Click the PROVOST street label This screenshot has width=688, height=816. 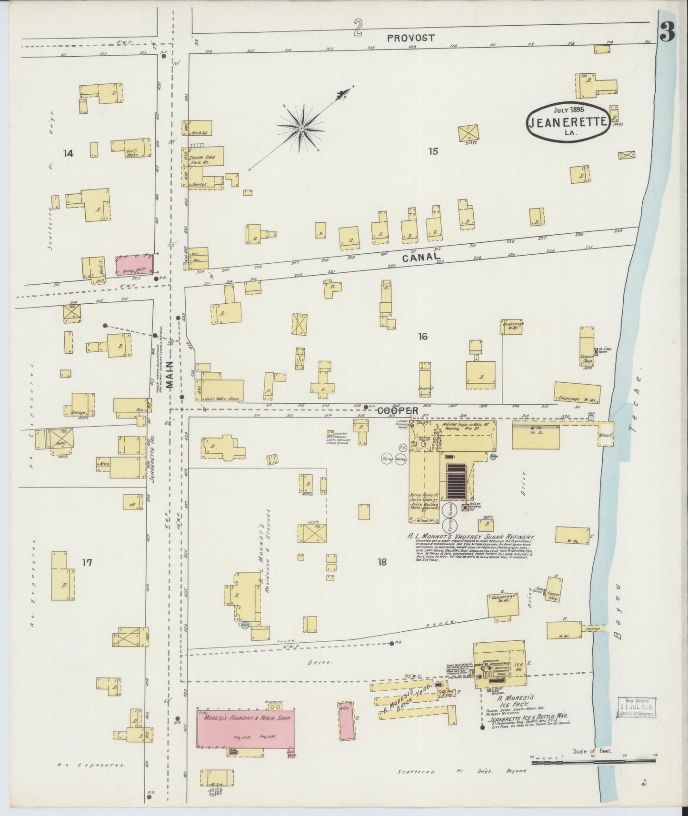pyautogui.click(x=410, y=38)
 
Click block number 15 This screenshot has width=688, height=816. pyautogui.click(x=433, y=152)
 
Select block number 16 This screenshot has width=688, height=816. pyautogui.click(x=422, y=337)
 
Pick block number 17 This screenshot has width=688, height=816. pyautogui.click(x=86, y=563)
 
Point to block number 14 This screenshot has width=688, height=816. pyautogui.click(x=68, y=153)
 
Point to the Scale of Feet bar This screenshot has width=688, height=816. pyautogui.click(x=590, y=762)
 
